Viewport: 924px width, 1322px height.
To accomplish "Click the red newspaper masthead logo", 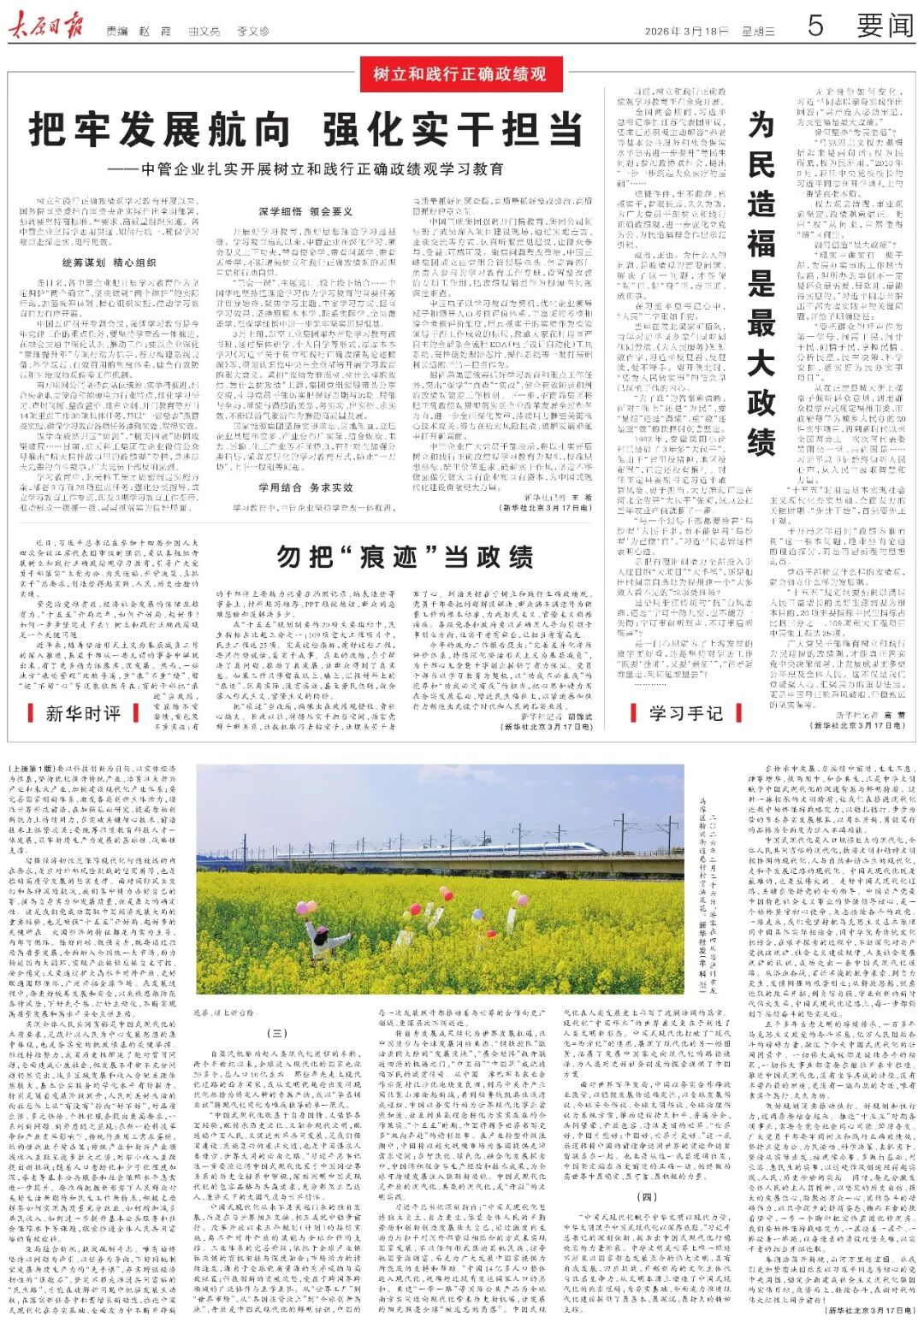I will (x=46, y=27).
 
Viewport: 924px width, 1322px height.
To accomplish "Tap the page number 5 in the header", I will (x=814, y=26).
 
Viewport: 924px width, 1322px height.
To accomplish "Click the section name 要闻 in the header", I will (x=885, y=26).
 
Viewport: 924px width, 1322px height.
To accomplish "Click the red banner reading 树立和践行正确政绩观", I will (x=460, y=74).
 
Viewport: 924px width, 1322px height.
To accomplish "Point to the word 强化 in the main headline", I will (x=367, y=130).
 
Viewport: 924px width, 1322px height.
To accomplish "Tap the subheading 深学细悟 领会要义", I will (x=305, y=211).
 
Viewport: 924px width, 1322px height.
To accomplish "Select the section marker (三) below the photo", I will (x=280, y=1034).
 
